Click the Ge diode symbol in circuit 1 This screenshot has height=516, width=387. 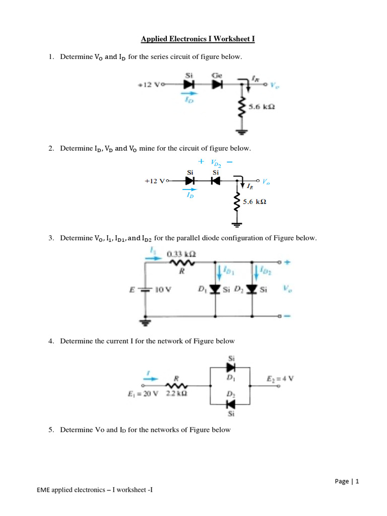pyautogui.click(x=217, y=85)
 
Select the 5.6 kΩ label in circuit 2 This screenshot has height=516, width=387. pyautogui.click(x=254, y=202)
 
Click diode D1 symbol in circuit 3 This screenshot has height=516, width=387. pyautogui.click(x=216, y=289)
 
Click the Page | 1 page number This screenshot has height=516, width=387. pyautogui.click(x=347, y=481)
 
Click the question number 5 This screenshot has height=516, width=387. pyautogui.click(x=51, y=430)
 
